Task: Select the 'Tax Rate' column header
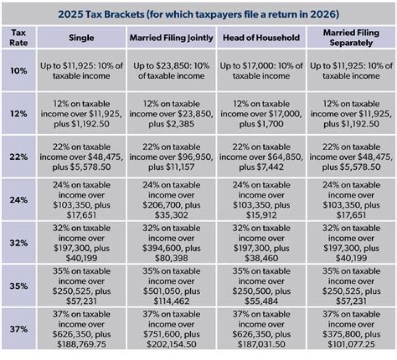18,37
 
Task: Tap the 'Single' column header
82,38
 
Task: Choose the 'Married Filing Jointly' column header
171,38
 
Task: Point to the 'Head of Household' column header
261,38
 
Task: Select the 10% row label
18,71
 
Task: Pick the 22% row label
18,157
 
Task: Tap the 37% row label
18,328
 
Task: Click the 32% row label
18,242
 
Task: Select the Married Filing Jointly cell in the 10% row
171,71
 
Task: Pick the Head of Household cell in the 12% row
261,114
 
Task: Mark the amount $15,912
261,214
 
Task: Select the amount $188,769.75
82,343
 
